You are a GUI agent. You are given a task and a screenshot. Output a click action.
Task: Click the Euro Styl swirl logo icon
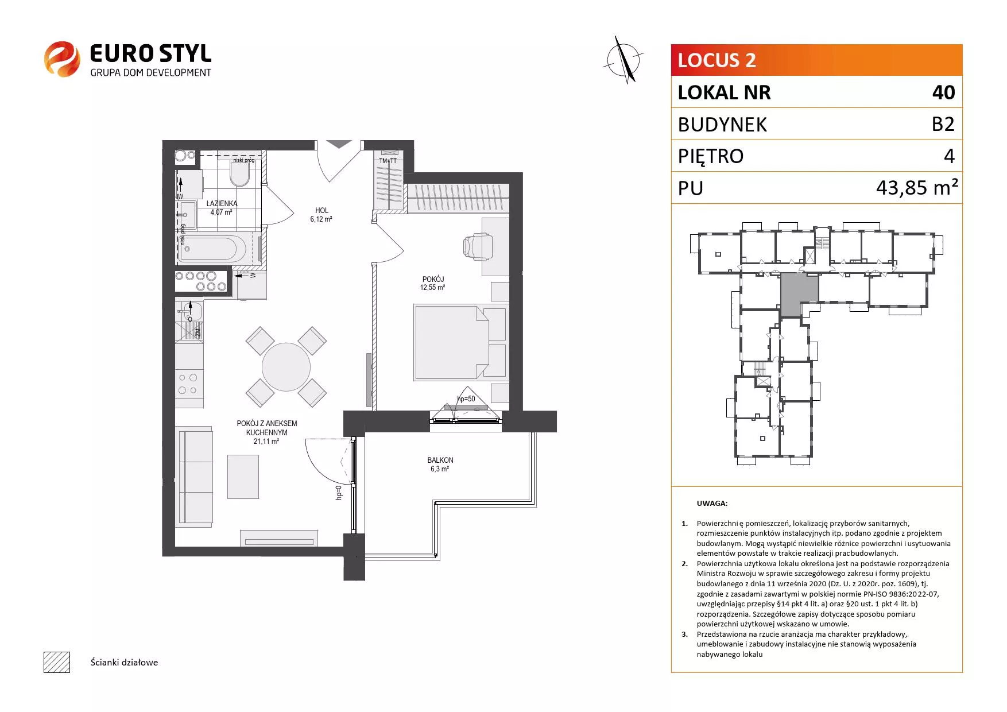(x=62, y=59)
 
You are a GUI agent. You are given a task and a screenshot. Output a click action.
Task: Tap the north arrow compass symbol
(x=624, y=59)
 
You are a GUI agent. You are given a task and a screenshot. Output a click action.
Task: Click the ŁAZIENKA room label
(x=222, y=203)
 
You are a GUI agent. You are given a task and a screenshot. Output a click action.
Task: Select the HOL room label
(x=322, y=211)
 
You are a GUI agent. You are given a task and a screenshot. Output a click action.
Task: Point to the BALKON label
(x=440, y=461)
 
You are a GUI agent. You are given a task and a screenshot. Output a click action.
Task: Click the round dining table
(x=286, y=367)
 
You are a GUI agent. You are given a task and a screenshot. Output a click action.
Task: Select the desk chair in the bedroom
(x=477, y=246)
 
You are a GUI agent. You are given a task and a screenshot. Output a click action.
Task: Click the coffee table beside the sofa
(x=243, y=477)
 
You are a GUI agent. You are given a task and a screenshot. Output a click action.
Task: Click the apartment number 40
(x=944, y=92)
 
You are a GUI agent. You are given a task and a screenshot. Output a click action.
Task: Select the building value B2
(x=943, y=124)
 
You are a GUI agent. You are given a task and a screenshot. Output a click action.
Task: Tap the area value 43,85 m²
(x=917, y=187)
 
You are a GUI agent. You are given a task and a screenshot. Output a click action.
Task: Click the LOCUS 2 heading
(x=716, y=60)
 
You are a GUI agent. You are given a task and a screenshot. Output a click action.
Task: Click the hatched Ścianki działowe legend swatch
(x=57, y=662)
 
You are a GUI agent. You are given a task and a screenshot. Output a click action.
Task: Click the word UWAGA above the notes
(x=712, y=504)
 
